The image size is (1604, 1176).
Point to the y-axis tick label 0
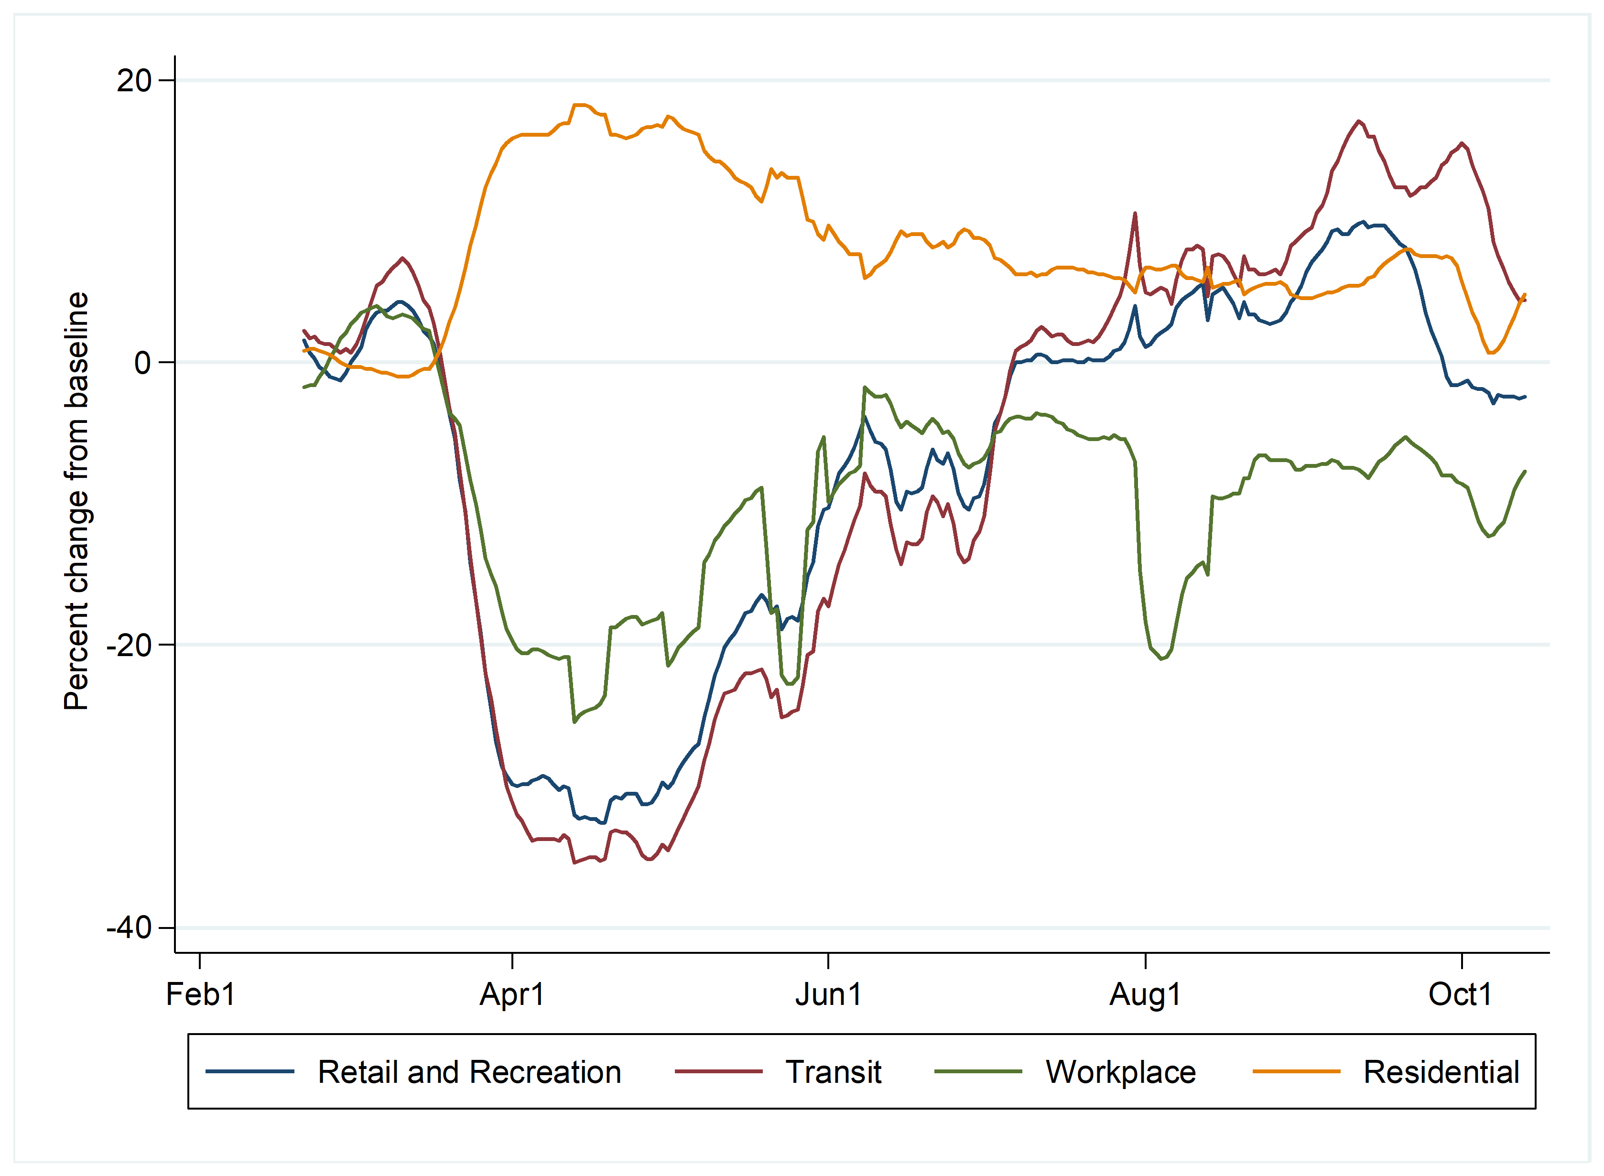tap(142, 363)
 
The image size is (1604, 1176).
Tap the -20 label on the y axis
tap(129, 645)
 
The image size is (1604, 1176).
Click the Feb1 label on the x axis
tap(200, 994)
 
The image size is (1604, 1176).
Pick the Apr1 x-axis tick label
tap(512, 994)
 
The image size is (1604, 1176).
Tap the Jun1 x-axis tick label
tap(828, 994)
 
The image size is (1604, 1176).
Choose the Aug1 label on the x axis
tap(1145, 994)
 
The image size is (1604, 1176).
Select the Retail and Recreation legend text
tap(469, 1072)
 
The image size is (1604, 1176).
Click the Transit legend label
tap(833, 1072)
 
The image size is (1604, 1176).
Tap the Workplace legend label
tap(1121, 1072)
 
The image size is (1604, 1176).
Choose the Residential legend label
tap(1441, 1072)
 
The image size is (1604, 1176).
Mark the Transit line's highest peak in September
tap(1359, 121)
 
